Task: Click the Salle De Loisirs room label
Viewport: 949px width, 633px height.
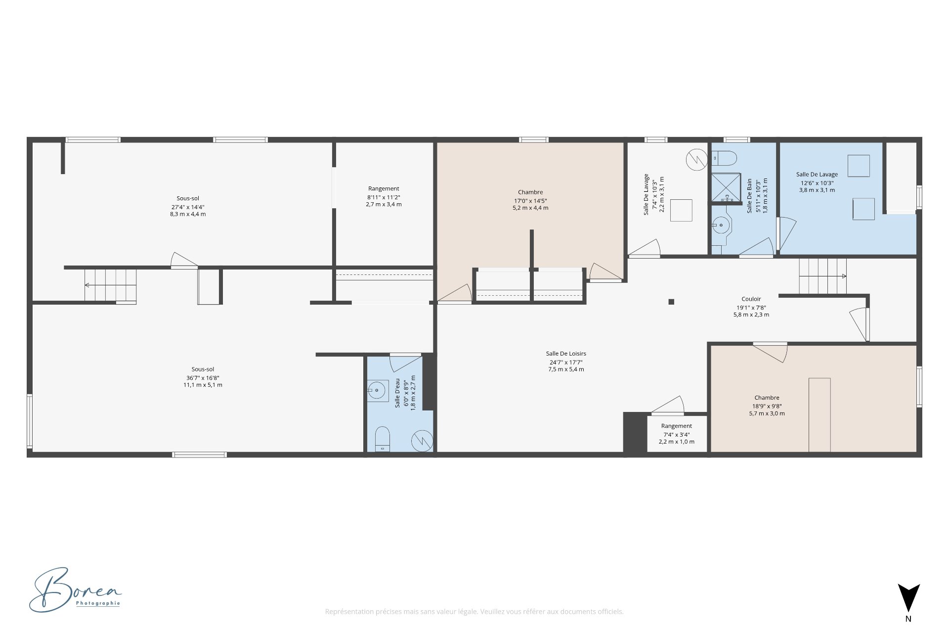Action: tap(566, 354)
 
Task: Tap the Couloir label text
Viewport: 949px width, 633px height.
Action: tap(751, 299)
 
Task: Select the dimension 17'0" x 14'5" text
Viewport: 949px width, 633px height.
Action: tap(530, 201)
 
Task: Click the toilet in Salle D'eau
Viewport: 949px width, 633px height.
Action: tap(382, 439)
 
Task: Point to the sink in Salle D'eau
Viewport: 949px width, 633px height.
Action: tap(377, 391)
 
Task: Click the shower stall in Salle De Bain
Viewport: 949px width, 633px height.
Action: tap(726, 187)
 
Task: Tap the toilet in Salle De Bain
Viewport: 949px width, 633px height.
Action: tap(724, 158)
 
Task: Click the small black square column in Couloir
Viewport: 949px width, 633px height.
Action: tap(671, 302)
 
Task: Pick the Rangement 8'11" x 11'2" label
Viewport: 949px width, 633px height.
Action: tap(384, 196)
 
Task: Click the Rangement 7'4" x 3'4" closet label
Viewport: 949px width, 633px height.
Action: tap(676, 434)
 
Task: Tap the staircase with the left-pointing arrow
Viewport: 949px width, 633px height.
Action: tap(110, 285)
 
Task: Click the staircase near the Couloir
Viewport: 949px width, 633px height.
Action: tap(822, 276)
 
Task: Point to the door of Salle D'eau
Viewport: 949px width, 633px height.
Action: tap(405, 362)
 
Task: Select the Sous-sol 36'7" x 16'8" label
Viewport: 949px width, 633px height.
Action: tap(203, 377)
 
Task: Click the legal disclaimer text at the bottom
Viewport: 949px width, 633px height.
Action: tap(474, 612)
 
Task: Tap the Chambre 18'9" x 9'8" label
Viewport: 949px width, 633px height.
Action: tap(767, 406)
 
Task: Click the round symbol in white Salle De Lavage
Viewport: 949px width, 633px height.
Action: tap(696, 160)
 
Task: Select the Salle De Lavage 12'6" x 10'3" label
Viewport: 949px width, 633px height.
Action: tap(817, 182)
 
